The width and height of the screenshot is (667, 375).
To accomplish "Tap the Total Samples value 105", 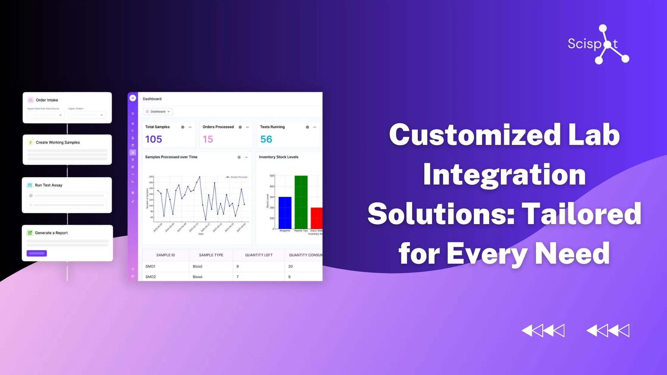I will pyautogui.click(x=154, y=139).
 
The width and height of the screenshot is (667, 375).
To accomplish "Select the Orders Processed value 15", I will pyautogui.click(x=208, y=139).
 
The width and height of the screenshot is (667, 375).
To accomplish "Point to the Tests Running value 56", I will pyautogui.click(x=266, y=139).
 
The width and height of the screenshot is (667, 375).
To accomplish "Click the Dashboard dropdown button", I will pyautogui.click(x=158, y=112).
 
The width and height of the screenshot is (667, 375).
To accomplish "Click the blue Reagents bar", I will pyautogui.click(x=285, y=213).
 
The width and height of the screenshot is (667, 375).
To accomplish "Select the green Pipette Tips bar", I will pyautogui.click(x=301, y=202).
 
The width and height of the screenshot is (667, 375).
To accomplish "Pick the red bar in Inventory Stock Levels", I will pyautogui.click(x=317, y=218).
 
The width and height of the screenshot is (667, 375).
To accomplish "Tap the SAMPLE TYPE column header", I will pyautogui.click(x=211, y=255).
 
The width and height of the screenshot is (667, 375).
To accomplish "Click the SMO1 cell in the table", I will pyautogui.click(x=150, y=266).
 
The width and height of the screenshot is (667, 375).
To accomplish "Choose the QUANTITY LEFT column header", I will pyautogui.click(x=259, y=255).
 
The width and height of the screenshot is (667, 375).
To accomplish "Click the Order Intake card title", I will pyautogui.click(x=47, y=100).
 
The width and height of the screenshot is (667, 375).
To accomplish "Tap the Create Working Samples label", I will pyautogui.click(x=58, y=142).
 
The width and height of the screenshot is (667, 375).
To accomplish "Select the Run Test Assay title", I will pyautogui.click(x=49, y=185).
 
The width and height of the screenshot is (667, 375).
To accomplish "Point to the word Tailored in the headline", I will pyautogui.click(x=582, y=214).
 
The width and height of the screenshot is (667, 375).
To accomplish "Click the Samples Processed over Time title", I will pyautogui.click(x=171, y=157).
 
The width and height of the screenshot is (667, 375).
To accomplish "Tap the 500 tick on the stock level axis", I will pyautogui.click(x=272, y=176).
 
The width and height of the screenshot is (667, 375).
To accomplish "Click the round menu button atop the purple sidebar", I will pyautogui.click(x=133, y=98).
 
